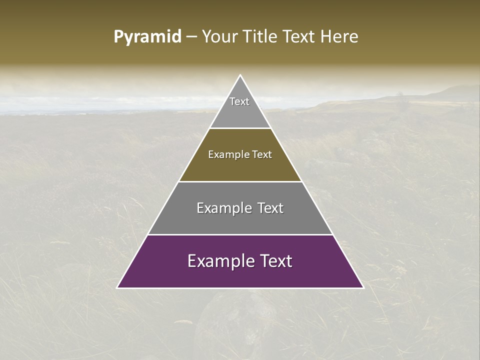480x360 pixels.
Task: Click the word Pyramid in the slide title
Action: [x=147, y=37]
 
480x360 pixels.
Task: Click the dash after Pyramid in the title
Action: [x=191, y=37]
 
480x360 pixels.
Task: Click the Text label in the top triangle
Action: [x=239, y=101]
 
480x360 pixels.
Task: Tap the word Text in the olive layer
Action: [x=262, y=154]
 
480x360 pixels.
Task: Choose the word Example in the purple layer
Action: [x=218, y=261]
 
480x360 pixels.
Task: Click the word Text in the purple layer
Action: [x=273, y=261]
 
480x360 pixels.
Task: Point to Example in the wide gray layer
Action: [x=222, y=208]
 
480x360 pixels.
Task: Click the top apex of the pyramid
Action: [x=240, y=75]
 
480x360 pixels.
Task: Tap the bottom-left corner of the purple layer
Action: [x=118, y=287]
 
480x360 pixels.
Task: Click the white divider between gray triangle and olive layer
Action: [x=240, y=128]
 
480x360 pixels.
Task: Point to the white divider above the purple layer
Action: [x=240, y=234]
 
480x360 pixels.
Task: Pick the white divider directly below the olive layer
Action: [x=240, y=181]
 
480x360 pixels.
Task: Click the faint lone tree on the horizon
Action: [x=399, y=94]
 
